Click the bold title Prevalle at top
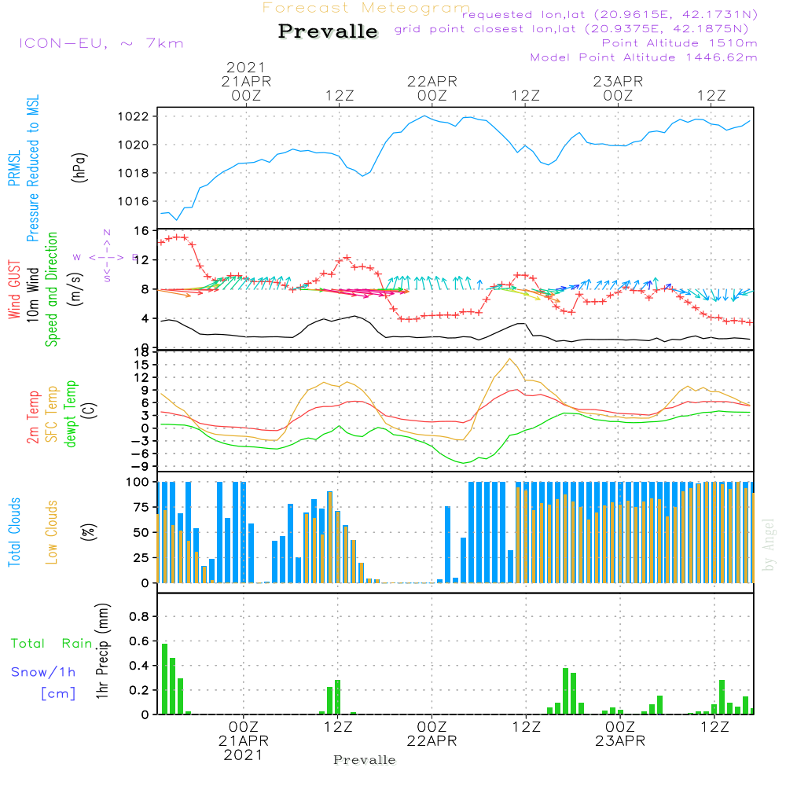coord(328,32)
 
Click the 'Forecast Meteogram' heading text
coord(366,9)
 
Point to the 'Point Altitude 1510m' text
coord(679,43)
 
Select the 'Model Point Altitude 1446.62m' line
coord(644,57)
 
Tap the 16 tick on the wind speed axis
coord(142,231)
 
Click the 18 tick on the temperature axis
coord(142,353)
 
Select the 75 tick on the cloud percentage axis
coord(142,507)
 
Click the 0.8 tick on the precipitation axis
coord(138,617)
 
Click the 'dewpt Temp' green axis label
coord(71,415)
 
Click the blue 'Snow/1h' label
coord(44,672)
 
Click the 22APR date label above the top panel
coord(432,81)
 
